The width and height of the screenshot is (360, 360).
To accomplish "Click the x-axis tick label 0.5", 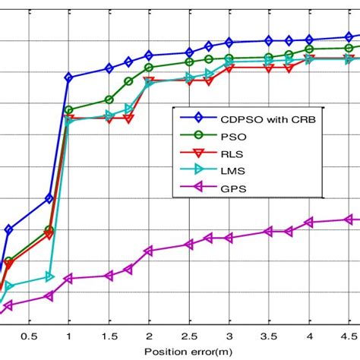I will click(29, 336).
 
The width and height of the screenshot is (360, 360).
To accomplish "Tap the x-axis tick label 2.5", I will click(189, 336).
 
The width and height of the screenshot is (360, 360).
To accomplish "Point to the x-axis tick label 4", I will click(309, 336).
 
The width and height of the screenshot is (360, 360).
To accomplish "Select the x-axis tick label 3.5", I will click(269, 336).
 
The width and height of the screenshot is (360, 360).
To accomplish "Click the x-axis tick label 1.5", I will click(109, 336).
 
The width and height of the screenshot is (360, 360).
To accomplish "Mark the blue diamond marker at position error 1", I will click(69, 77).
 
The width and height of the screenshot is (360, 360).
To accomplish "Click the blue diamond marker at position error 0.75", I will click(49, 198).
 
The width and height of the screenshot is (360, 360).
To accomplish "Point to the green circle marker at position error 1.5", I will click(109, 99).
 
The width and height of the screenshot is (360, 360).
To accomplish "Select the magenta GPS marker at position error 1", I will click(68, 279).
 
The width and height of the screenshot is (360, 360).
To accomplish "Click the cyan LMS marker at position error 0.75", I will click(49, 276).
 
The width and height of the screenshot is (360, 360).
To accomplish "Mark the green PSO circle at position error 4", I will click(309, 49).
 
